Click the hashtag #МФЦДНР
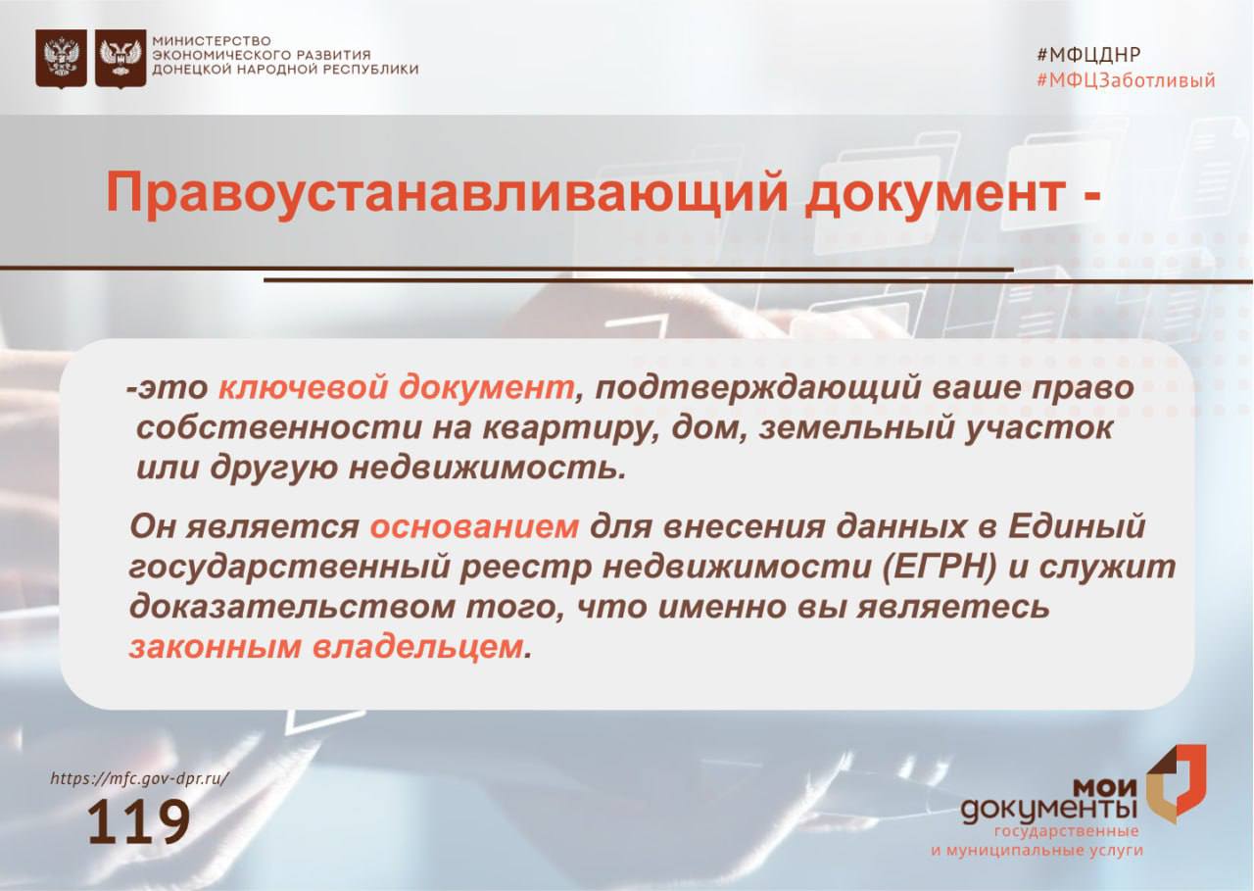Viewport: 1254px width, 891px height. coord(1088,55)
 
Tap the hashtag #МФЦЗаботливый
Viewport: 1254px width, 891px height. coord(1125,81)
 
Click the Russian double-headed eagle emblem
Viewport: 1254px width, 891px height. coord(61,59)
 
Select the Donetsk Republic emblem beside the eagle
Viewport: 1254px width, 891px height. coord(121,59)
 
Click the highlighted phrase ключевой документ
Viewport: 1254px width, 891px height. coord(395,388)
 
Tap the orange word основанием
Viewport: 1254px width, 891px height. coord(475,527)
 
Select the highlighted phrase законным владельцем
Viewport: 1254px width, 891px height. coord(324,647)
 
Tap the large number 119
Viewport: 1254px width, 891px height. coord(138,823)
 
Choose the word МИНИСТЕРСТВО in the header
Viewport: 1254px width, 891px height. coord(211,40)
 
